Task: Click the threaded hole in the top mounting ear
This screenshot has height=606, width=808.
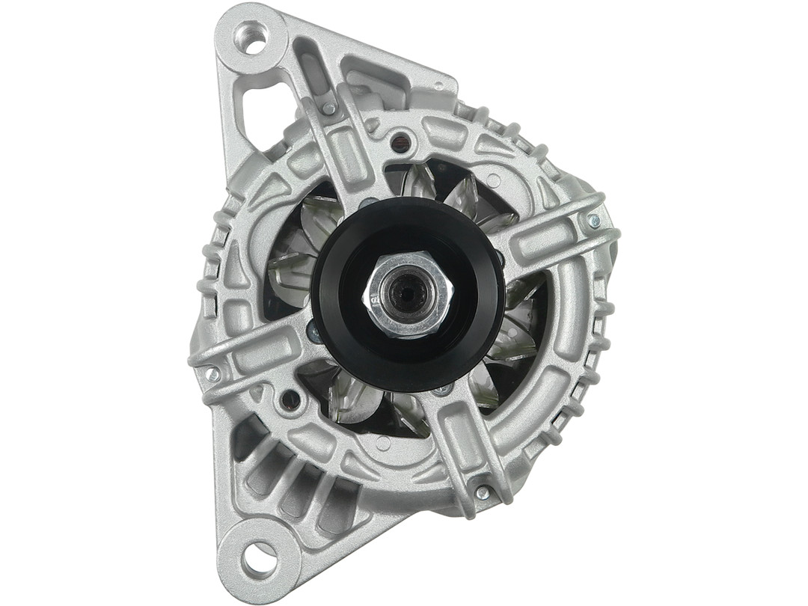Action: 251,37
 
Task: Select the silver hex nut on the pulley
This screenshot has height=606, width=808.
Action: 408,294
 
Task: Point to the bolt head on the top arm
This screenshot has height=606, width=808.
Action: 328,108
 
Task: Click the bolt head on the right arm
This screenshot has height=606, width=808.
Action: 593,221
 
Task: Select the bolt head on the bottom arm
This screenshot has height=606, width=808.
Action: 483,492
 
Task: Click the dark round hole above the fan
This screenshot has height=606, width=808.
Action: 401,140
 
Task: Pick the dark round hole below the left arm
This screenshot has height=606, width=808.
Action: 290,400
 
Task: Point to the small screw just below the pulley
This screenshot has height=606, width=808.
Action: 443,389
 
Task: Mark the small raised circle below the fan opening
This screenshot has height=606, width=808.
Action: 383,444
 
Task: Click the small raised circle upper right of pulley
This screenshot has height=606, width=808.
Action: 494,180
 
